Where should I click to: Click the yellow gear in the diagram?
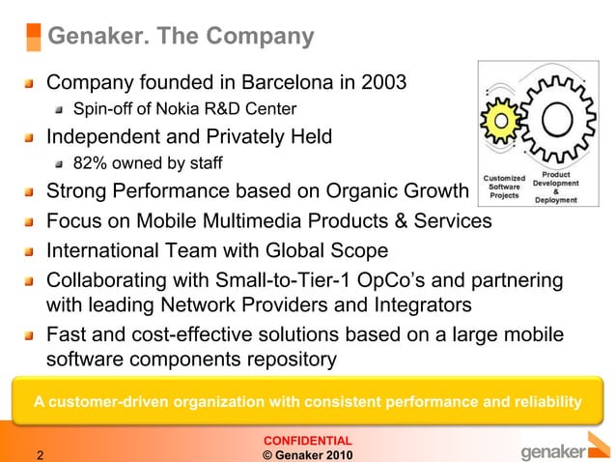[x=503, y=119]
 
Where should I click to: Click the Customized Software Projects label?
[x=504, y=187]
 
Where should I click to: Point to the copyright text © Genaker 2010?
[x=307, y=454]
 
